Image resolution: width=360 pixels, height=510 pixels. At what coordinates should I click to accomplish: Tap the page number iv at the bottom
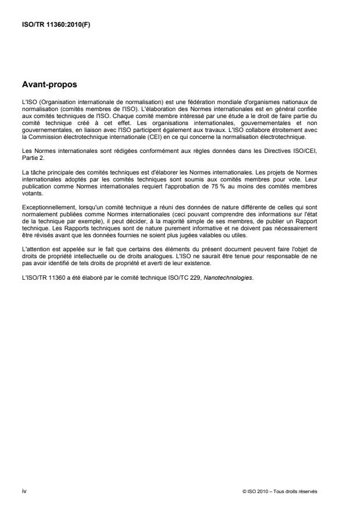pyautogui.click(x=24, y=491)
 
